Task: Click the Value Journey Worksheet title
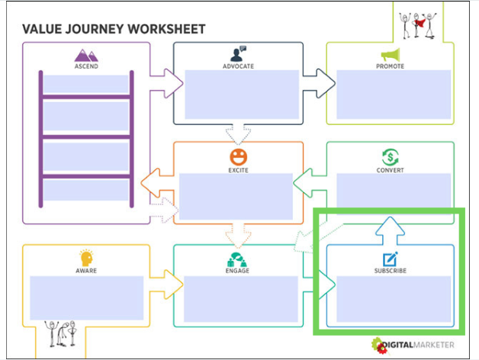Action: coord(114,30)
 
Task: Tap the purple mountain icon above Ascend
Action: coord(86,55)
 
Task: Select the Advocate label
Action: coord(238,66)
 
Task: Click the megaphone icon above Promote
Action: coord(391,55)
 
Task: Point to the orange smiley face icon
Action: coord(238,157)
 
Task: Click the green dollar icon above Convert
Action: coord(391,157)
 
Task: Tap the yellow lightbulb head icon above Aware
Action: coord(86,258)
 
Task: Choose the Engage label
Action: coord(238,271)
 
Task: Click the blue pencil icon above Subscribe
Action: coord(391,259)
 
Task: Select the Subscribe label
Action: coord(391,271)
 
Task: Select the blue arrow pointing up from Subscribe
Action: coord(391,229)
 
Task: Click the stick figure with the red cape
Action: coord(418,23)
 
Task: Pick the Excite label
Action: coord(238,170)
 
